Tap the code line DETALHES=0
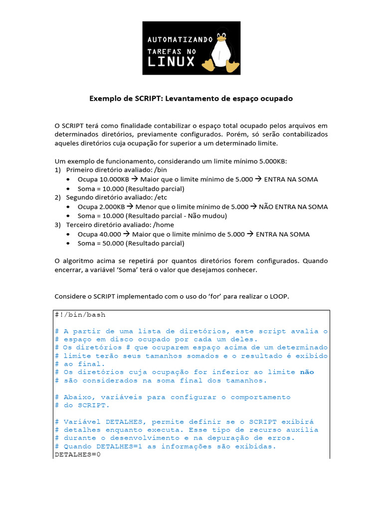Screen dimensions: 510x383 pos(78,455)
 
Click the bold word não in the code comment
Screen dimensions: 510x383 pos(307,372)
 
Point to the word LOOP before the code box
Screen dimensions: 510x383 pos(278,297)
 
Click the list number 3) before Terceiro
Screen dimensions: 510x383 pos(57,225)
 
